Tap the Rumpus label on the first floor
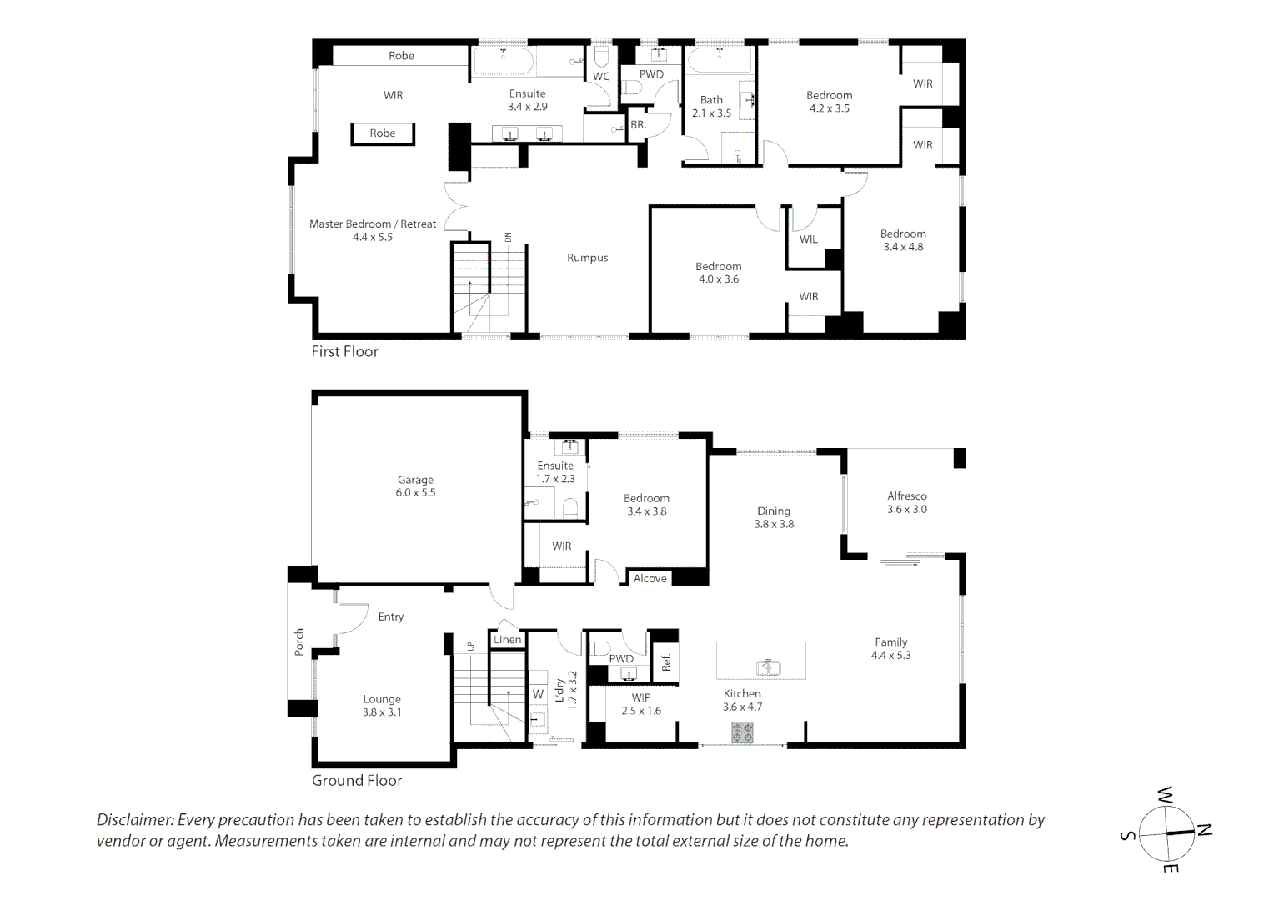(588, 258)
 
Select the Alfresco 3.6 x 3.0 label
(907, 502)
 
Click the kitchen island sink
(768, 667)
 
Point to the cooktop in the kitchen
(742, 732)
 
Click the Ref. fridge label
(666, 662)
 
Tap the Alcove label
(650, 579)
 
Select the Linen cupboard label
(507, 640)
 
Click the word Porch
(299, 642)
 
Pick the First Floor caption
(344, 352)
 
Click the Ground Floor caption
(357, 781)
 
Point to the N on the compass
(1204, 830)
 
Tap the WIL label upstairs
(808, 239)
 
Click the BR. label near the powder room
(638, 124)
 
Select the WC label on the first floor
(601, 76)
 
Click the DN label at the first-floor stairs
(508, 237)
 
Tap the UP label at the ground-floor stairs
(470, 646)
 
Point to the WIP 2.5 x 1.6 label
(641, 704)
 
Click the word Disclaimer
(135, 820)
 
